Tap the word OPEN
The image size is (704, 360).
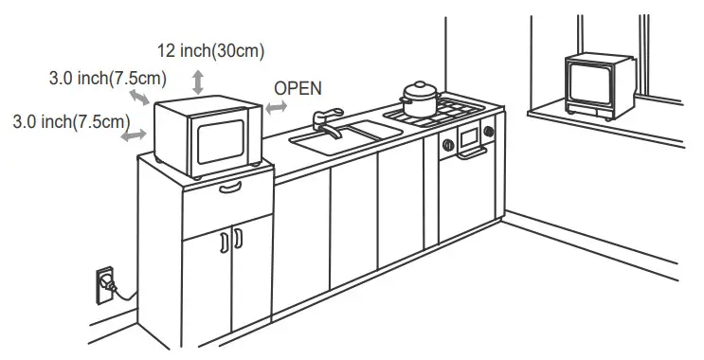pyautogui.click(x=298, y=87)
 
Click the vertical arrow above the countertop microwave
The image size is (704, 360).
pyautogui.click(x=197, y=81)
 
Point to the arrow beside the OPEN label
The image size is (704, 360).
pyautogui.click(x=276, y=109)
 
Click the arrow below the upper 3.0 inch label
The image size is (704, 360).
pyautogui.click(x=139, y=99)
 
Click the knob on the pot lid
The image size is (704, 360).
pyautogui.click(x=417, y=84)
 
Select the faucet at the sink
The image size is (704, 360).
pyautogui.click(x=326, y=120)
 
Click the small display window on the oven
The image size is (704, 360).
pyautogui.click(x=469, y=137)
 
